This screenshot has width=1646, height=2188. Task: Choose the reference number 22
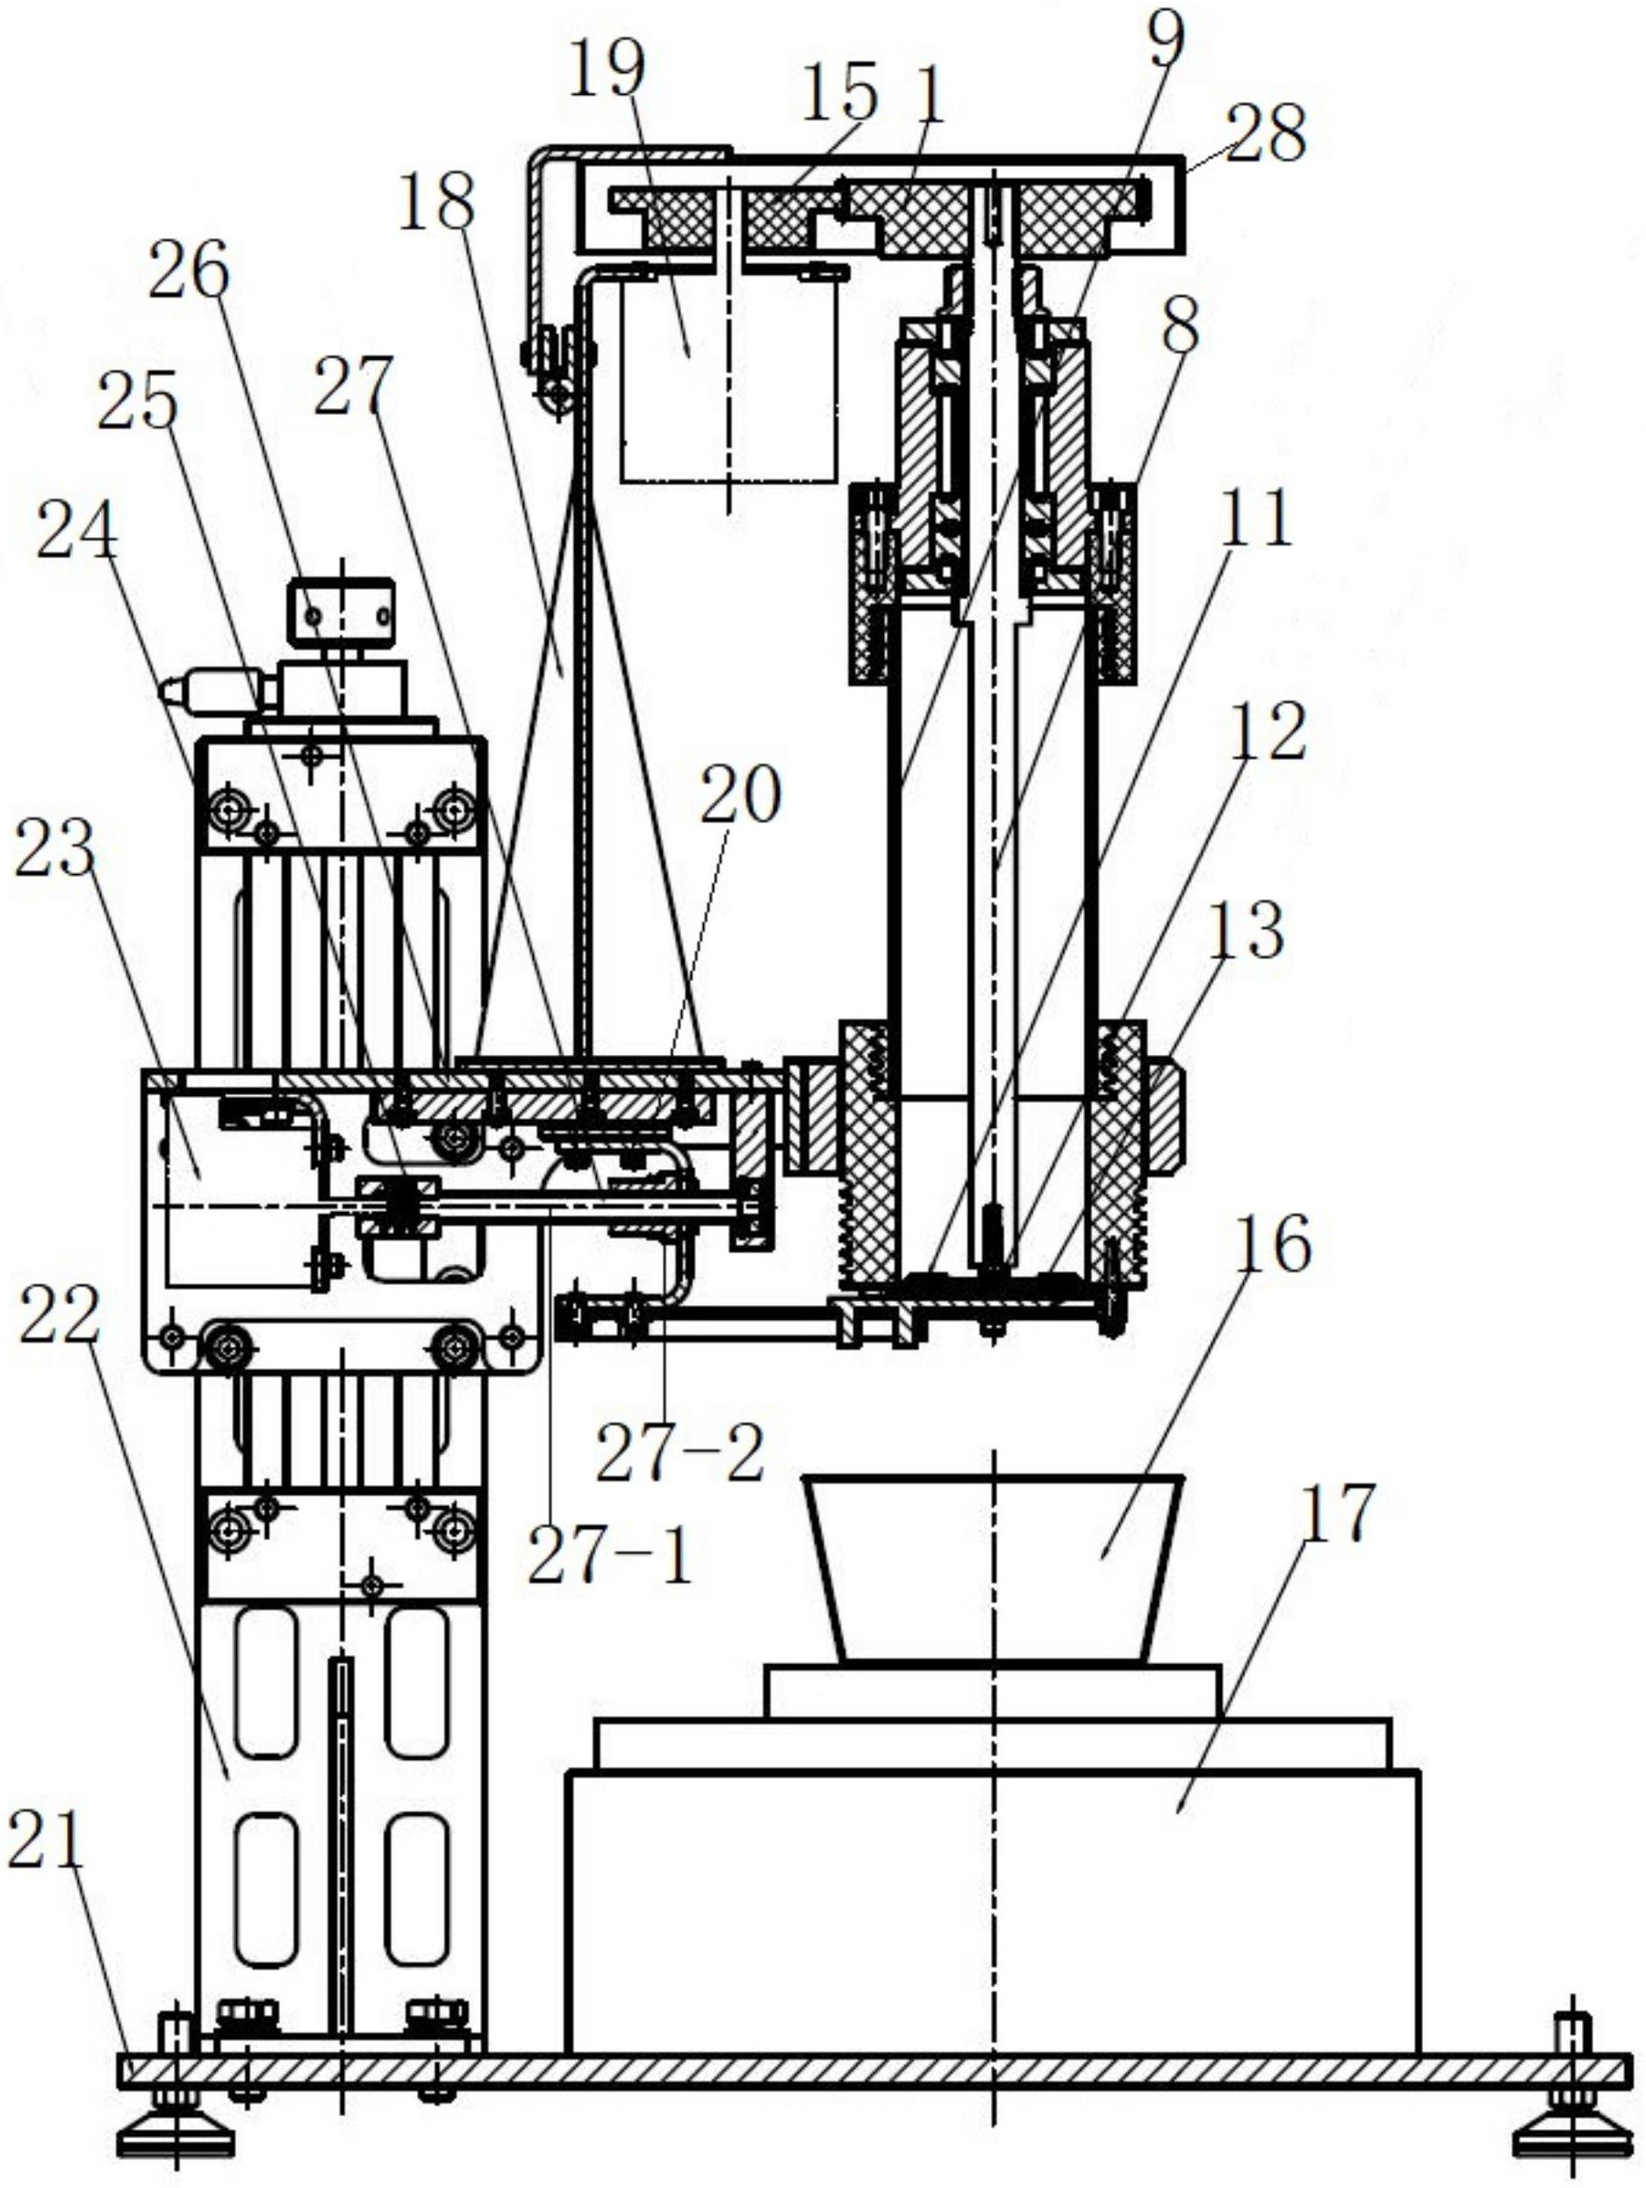coord(60,1315)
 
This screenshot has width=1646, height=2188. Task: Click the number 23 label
coord(54,847)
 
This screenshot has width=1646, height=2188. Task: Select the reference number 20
coord(740,793)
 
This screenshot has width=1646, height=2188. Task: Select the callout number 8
coord(1180,326)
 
